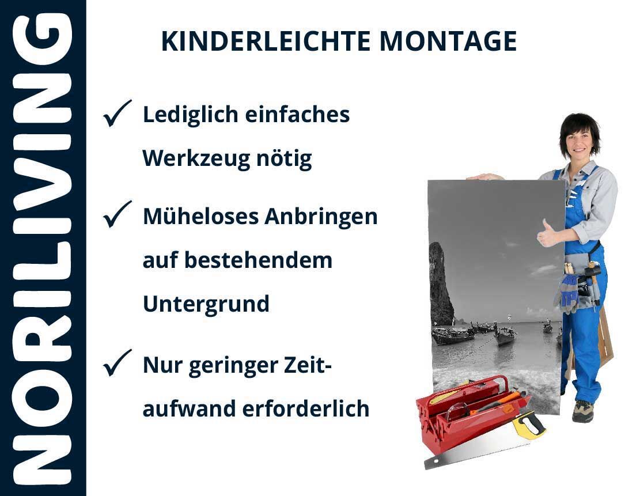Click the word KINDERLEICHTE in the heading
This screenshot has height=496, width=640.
point(266,41)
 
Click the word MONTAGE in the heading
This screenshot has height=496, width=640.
point(448,41)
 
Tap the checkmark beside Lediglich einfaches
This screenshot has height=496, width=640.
point(117,113)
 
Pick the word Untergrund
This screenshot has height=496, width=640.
point(206,304)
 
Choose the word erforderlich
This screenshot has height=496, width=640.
point(306,408)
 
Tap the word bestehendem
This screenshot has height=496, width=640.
point(259,260)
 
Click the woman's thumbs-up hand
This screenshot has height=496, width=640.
point(547,233)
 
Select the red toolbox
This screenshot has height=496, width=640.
point(469,412)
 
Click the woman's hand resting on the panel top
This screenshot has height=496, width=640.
point(484,177)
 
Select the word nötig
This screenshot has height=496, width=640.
point(284,159)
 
